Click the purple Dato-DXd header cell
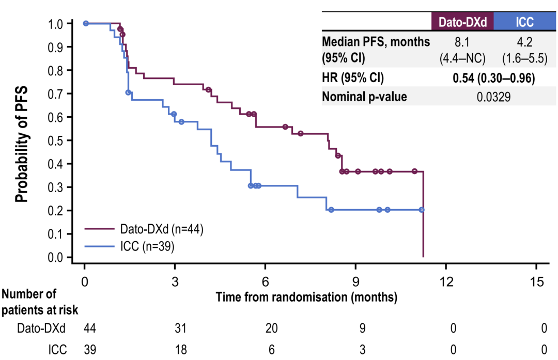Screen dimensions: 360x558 462,21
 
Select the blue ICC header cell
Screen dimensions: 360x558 524,21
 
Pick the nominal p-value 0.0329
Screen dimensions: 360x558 493,97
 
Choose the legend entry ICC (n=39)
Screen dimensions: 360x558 147,247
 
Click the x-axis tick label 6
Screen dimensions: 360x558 265,281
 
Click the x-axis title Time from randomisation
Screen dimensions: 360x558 306,298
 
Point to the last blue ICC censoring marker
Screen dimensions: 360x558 422,210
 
